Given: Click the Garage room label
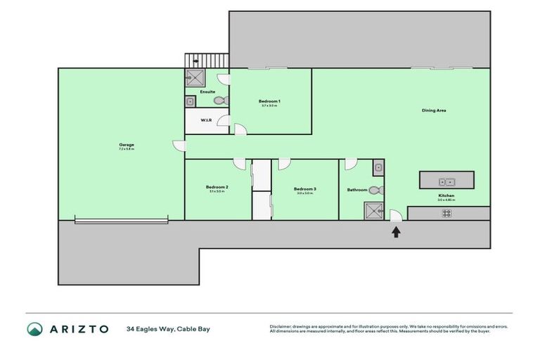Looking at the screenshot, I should [x=127, y=145].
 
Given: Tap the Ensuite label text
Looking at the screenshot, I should [x=207, y=92].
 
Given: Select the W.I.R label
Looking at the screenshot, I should [x=206, y=120].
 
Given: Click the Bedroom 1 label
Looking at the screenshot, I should [x=269, y=102].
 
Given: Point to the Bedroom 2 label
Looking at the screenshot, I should [x=216, y=188].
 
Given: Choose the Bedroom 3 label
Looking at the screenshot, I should [x=304, y=188].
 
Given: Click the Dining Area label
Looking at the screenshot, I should [x=434, y=110].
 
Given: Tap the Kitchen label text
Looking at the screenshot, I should [x=446, y=195].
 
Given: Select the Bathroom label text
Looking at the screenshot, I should [x=357, y=190].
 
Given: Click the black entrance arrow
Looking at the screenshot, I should [x=396, y=231].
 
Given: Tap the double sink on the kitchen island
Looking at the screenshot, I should [x=447, y=182].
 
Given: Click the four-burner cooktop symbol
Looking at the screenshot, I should [x=446, y=213].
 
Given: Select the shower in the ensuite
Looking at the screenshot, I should [x=195, y=77].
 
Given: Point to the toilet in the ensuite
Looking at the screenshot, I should [x=220, y=101].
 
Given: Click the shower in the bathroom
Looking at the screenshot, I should [x=373, y=210].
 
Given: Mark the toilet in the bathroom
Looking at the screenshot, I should [x=375, y=189].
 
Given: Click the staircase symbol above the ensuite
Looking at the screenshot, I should [x=207, y=60].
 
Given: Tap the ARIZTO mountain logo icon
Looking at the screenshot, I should [x=34, y=329].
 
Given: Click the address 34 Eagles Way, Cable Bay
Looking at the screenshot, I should [x=168, y=329].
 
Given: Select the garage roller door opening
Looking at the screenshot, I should [x=121, y=220].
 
